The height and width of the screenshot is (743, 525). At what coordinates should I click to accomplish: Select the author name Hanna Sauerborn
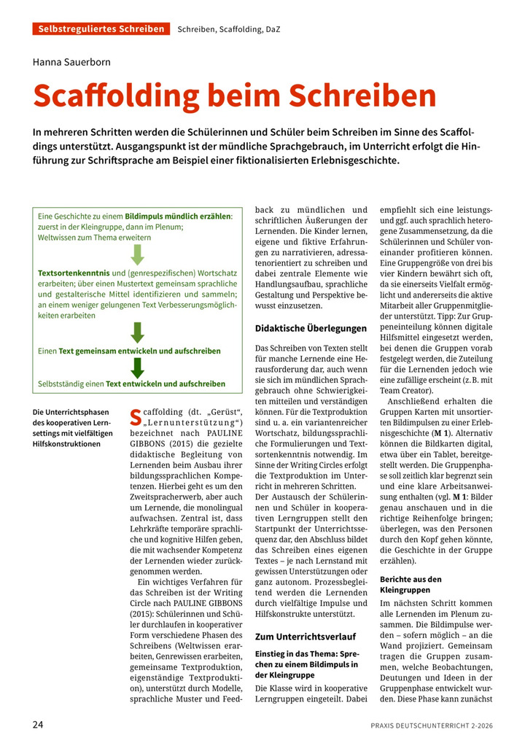71,62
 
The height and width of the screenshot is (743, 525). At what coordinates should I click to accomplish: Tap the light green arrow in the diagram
137,254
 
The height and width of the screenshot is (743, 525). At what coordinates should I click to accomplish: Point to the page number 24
39,725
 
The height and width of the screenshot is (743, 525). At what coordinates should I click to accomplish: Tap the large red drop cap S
134,416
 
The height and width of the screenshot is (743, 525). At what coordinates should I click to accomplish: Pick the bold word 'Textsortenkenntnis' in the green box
74,273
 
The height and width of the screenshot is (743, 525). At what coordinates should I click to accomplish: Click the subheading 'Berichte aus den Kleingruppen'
410,584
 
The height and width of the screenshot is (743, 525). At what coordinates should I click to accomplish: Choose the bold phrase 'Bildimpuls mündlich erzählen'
178,217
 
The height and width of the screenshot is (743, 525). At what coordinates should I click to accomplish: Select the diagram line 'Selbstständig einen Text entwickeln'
131,384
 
